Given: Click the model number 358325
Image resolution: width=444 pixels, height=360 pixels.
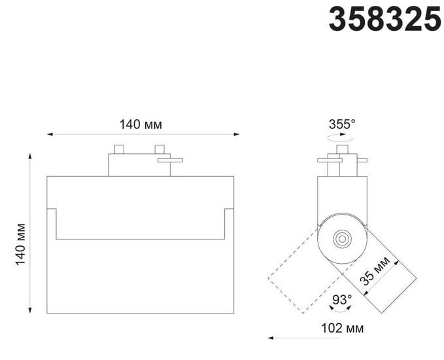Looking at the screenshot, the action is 384,19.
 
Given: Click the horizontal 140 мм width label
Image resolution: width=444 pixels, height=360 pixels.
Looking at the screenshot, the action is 141,124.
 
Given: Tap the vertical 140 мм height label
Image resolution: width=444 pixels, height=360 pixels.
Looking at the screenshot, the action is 20,244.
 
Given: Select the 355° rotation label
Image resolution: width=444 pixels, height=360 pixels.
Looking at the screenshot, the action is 342,124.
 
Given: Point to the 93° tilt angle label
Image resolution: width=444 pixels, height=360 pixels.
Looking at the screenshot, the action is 342,299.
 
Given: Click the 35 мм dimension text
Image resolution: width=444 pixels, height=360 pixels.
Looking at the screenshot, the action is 375,271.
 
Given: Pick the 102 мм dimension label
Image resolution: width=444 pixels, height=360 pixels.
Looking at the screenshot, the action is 343,328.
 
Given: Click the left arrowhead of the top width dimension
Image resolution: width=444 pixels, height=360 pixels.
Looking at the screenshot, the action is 50,134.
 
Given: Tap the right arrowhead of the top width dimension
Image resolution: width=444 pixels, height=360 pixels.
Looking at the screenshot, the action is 237,134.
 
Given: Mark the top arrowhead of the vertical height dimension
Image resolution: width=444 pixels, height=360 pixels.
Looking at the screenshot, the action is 30,156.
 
